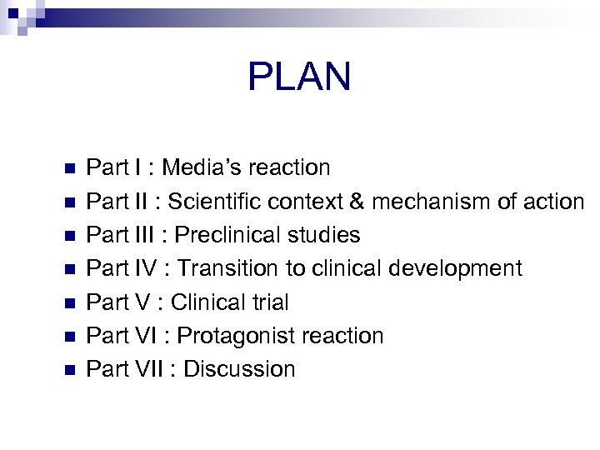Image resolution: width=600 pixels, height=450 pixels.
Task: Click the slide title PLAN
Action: click(299, 77)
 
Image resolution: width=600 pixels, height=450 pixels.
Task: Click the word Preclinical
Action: click(227, 235)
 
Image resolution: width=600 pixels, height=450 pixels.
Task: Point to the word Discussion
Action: click(239, 369)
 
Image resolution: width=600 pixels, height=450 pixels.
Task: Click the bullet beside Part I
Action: click(69, 168)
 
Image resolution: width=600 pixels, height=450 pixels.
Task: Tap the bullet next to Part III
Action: click(69, 236)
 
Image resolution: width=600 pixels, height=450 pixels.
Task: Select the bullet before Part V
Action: click(69, 302)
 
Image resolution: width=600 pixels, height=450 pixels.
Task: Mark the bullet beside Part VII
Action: click(69, 369)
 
